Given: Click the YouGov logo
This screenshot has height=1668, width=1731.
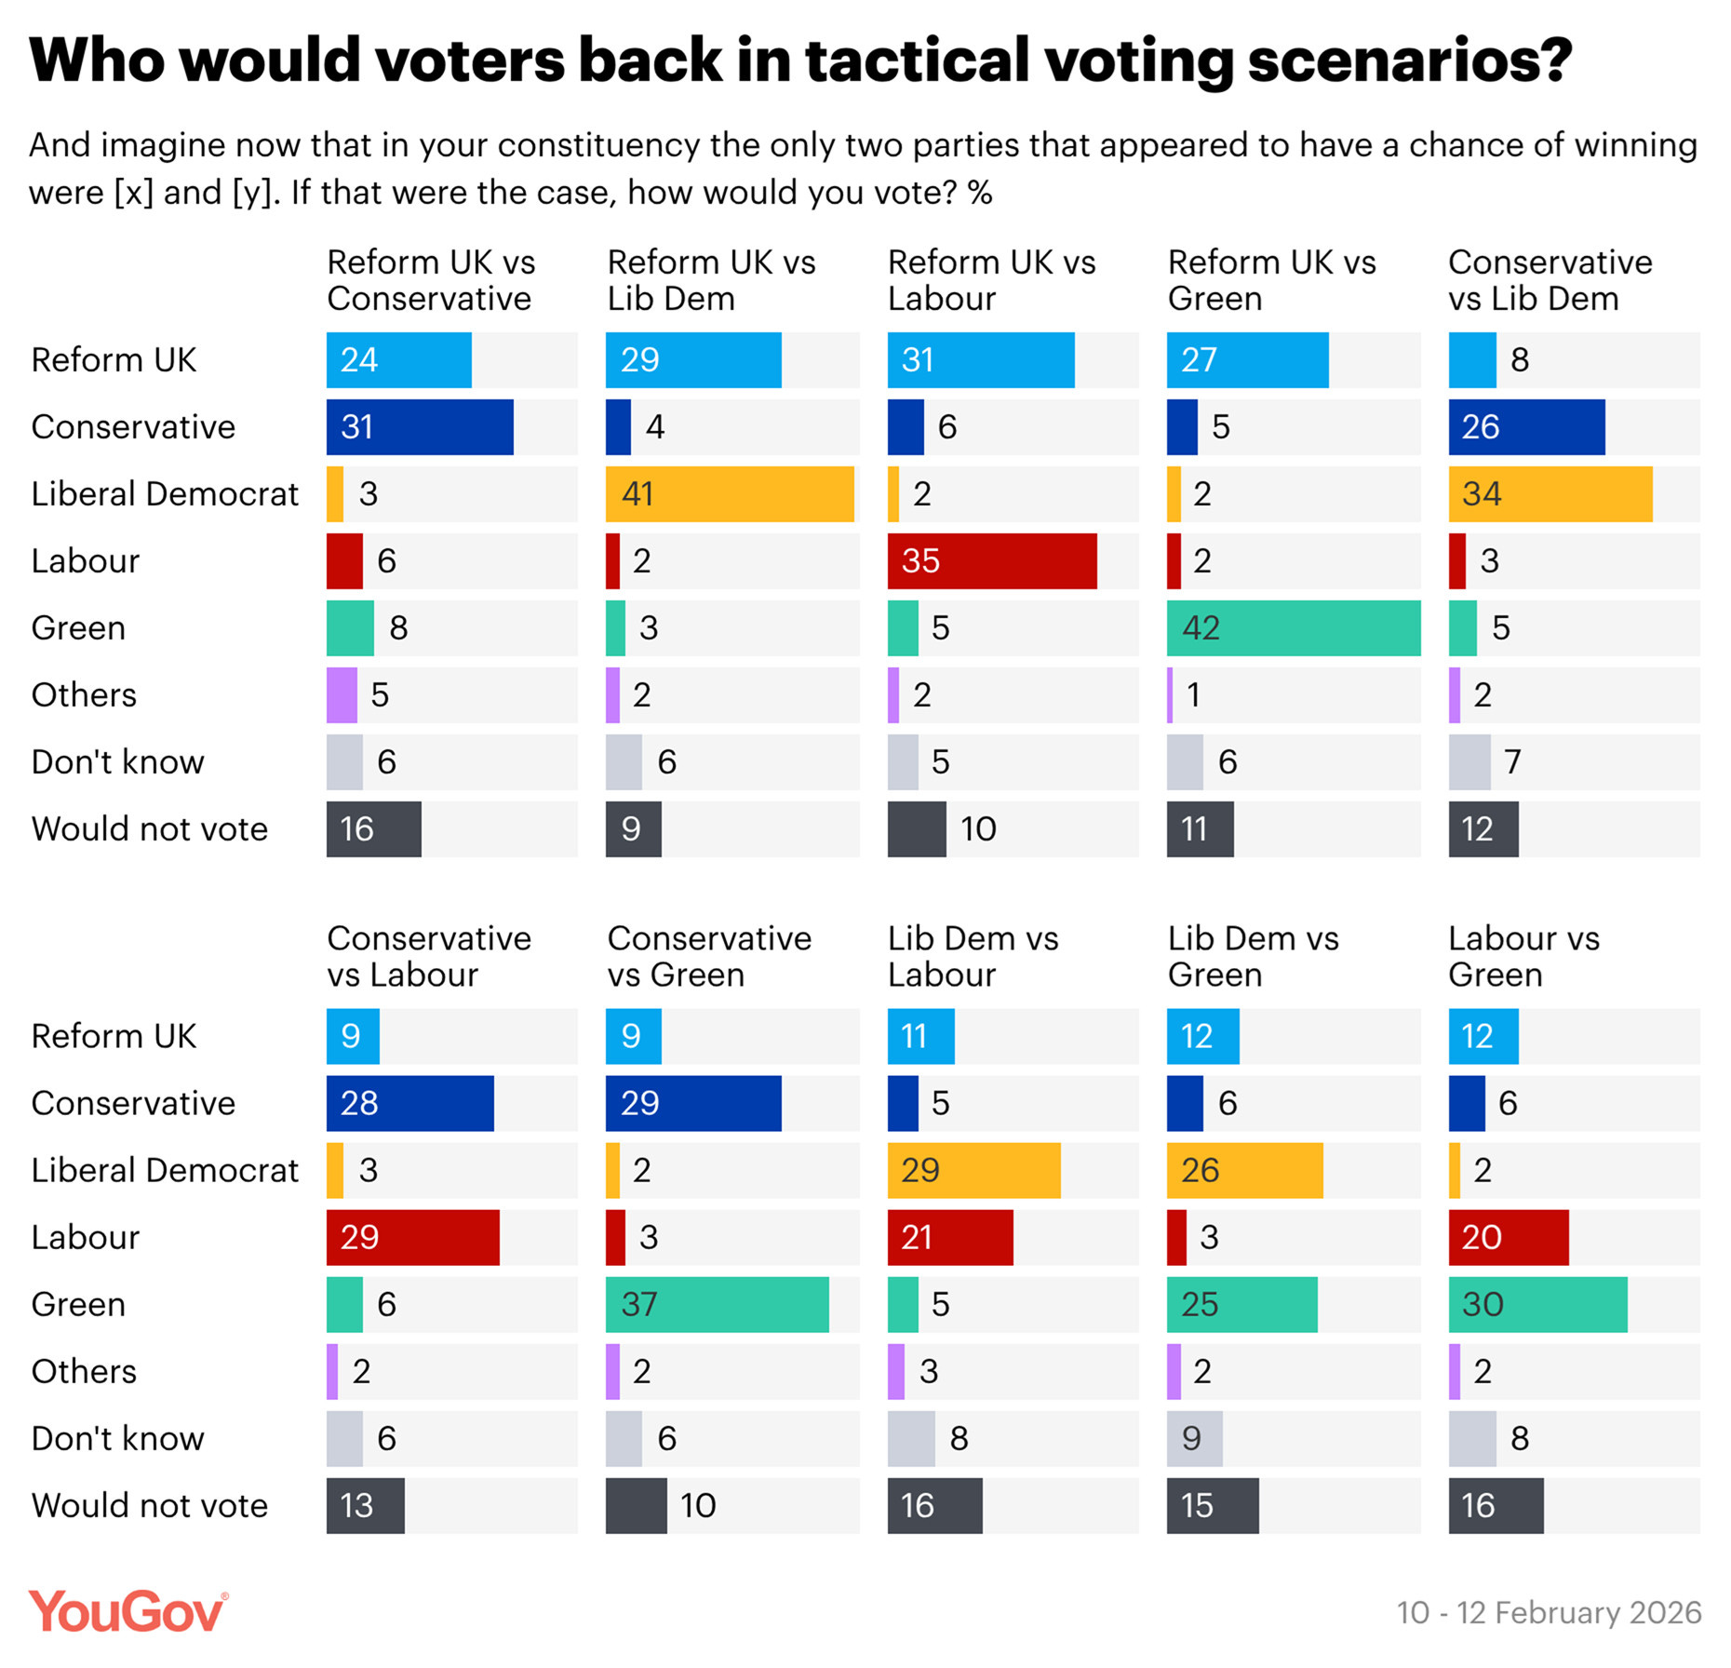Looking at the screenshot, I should point(127,1611).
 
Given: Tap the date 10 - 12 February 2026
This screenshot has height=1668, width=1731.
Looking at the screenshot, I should point(1549,1612).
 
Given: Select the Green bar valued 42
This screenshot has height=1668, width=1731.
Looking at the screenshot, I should point(1293,627).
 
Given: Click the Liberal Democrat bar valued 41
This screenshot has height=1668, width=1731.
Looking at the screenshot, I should point(729,493).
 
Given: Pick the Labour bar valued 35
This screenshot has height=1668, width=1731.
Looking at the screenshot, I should point(991,560).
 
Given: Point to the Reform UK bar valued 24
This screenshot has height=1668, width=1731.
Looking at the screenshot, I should point(398,359).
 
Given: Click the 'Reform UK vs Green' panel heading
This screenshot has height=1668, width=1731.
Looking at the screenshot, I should point(1271,280).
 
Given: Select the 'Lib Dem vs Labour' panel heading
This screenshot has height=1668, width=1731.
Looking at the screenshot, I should point(973,956).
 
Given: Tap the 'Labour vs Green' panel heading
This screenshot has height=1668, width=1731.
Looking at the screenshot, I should point(1523,956).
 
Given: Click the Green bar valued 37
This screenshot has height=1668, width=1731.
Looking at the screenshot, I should point(717,1304).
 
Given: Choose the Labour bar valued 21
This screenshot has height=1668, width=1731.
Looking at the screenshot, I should point(949,1237).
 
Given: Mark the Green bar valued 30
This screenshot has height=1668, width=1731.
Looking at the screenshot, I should point(1537,1304).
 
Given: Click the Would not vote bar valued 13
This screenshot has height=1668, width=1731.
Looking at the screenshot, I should point(365,1505).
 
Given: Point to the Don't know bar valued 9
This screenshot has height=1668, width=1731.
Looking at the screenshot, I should point(1194,1438).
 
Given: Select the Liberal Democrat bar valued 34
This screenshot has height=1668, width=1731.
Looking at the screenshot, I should point(1550,493).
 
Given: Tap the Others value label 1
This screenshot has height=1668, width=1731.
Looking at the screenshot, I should point(1193,694).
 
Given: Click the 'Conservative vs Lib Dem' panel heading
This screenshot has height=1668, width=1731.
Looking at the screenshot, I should point(1550,280).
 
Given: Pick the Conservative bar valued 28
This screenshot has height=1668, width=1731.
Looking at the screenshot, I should point(409,1103).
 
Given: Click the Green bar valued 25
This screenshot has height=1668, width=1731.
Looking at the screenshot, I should point(1241,1304).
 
